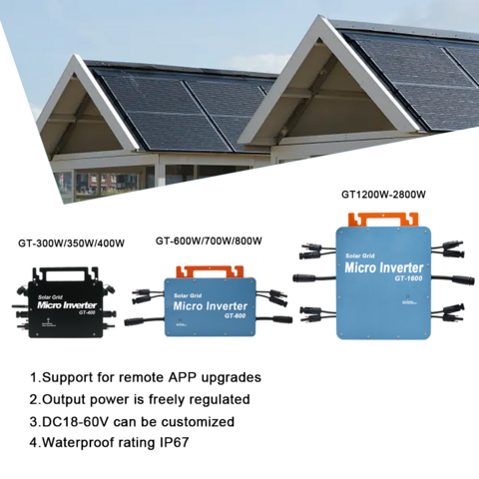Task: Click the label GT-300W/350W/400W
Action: coord(71,243)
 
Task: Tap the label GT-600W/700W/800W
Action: coord(209,240)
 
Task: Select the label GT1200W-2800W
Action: coord(383,195)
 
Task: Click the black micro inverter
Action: coord(65,302)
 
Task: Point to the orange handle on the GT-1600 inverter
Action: coord(383,220)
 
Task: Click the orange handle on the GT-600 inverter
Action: coord(210,271)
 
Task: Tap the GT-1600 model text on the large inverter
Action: coord(409,278)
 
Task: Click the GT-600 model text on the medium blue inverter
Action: coord(235,315)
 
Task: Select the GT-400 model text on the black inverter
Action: coord(88,312)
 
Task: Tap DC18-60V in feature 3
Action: coord(76,422)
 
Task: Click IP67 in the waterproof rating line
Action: coord(175,442)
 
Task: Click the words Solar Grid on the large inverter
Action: coord(360,255)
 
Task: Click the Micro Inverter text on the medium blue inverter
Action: coord(210,306)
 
